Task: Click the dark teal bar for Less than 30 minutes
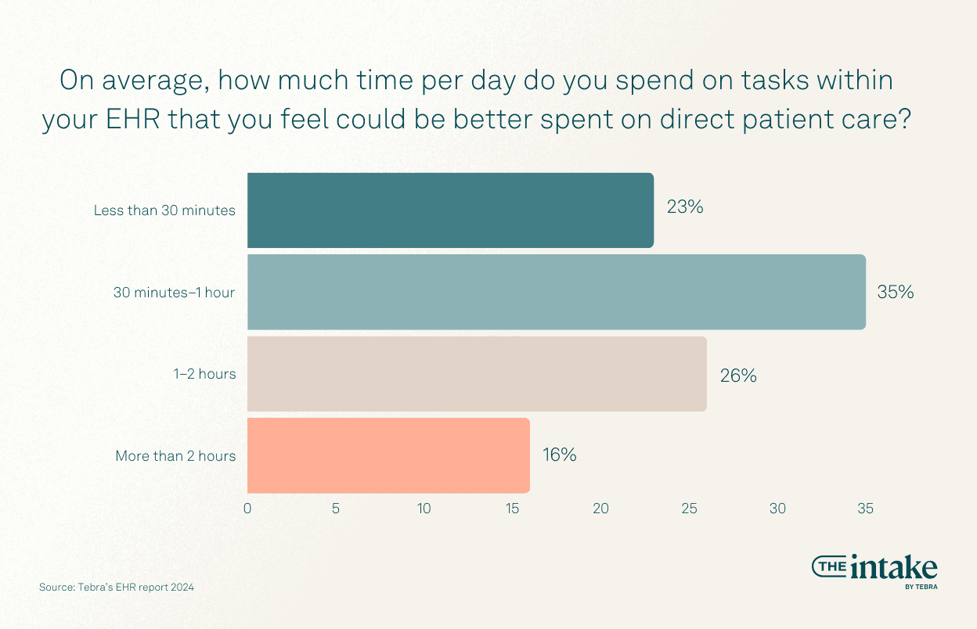[451, 210]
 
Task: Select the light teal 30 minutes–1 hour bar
[557, 292]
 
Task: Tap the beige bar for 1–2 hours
[478, 373]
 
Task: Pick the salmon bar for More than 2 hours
[388, 455]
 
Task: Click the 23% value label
[685, 207]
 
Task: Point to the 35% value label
[896, 292]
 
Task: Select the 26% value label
[738, 376]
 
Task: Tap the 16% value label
[559, 455]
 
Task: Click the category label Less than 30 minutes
[164, 210]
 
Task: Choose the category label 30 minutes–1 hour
[174, 292]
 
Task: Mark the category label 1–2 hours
[204, 374]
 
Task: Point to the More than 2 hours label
[175, 456]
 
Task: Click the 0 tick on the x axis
[247, 509]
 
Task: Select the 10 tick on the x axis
[424, 509]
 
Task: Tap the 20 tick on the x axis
[600, 509]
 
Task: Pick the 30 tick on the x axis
[777, 509]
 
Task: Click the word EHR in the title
[133, 119]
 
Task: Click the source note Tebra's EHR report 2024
[135, 588]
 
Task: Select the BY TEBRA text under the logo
[921, 587]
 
